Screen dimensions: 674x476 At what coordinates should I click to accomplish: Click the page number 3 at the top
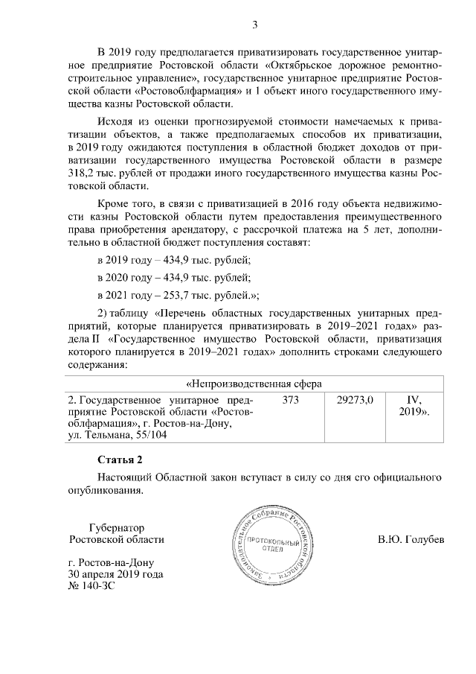click(254, 25)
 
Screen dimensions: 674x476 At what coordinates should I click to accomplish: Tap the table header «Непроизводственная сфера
click(253, 384)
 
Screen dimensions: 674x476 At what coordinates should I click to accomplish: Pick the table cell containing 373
click(292, 400)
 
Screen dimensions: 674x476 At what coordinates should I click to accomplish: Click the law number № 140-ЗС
click(91, 586)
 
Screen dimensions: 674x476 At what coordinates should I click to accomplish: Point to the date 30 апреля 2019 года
click(115, 574)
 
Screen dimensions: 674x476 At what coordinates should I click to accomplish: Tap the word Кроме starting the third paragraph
click(113, 203)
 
